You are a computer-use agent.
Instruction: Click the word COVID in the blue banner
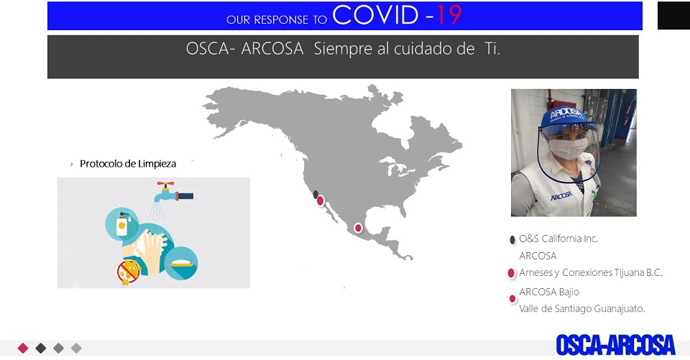tap(375, 15)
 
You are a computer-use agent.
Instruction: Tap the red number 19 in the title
tap(448, 15)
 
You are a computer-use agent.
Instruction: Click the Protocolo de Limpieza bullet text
tap(128, 164)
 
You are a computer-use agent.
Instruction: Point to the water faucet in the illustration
tap(173, 191)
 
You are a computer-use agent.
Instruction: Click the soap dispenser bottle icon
tap(122, 223)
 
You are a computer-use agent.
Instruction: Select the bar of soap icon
tap(181, 264)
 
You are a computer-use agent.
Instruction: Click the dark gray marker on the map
tap(316, 195)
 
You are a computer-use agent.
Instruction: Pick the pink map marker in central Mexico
tap(358, 228)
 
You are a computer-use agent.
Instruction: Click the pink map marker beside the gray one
tap(321, 200)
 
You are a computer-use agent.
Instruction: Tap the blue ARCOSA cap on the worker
tap(568, 116)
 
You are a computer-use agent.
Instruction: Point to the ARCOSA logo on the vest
tap(561, 195)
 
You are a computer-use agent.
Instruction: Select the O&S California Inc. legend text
tap(558, 239)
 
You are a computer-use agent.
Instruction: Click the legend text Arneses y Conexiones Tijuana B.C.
tap(591, 273)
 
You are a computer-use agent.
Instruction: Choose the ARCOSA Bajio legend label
tap(549, 292)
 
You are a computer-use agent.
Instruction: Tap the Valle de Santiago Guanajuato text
tap(581, 309)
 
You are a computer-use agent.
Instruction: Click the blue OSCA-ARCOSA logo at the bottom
tap(615, 345)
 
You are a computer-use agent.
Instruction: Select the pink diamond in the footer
tap(23, 348)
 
